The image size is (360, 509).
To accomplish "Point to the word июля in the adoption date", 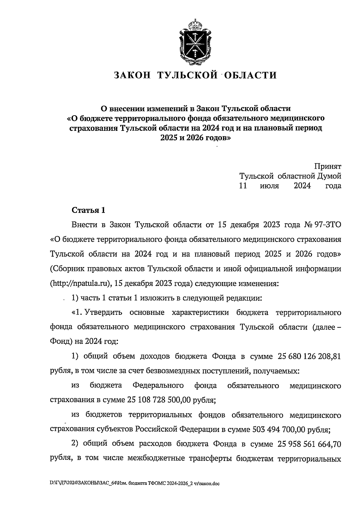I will coord(269,186).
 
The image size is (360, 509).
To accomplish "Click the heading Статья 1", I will coord(88,210).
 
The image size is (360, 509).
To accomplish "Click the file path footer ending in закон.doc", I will coord(135,483).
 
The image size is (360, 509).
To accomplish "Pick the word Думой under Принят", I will coord(329,176).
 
